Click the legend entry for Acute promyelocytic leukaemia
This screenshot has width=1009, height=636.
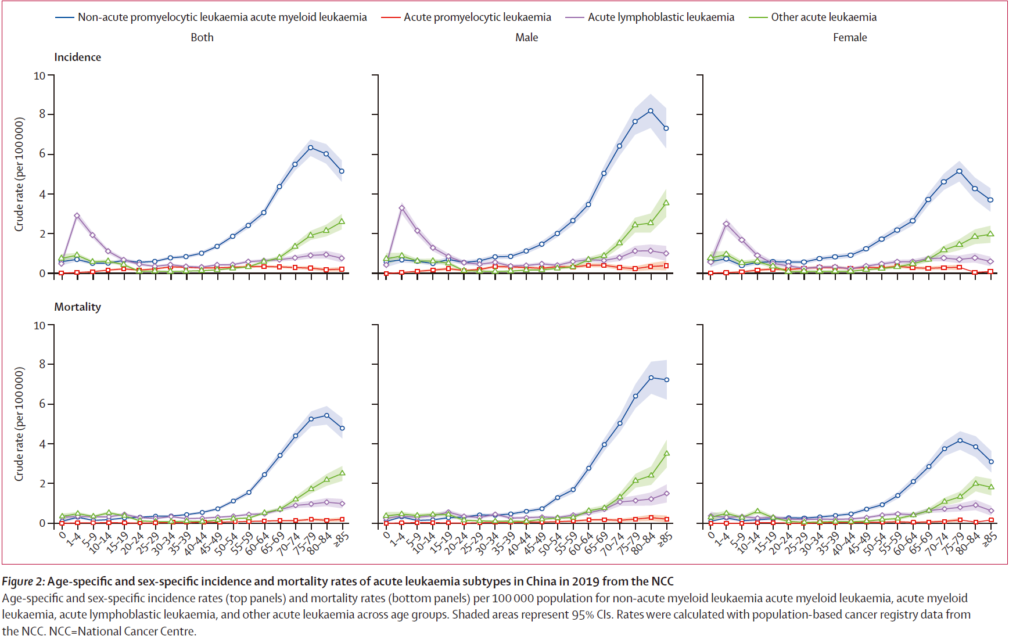(x=477, y=17)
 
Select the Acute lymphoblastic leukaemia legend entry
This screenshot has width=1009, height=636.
(x=660, y=17)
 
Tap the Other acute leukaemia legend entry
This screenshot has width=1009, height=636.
(x=823, y=17)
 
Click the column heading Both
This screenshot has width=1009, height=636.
(x=202, y=38)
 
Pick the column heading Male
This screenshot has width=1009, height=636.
(x=526, y=38)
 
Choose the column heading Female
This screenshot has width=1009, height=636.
(x=849, y=38)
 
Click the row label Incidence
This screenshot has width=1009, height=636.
(x=77, y=58)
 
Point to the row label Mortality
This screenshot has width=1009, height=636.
(x=77, y=307)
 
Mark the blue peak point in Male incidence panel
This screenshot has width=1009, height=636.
(x=651, y=111)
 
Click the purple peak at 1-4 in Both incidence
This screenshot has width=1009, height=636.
(x=77, y=215)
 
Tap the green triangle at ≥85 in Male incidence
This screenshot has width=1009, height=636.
(x=666, y=203)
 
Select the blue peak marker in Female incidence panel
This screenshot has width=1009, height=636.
(x=959, y=171)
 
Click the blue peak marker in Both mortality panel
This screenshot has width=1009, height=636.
(x=326, y=415)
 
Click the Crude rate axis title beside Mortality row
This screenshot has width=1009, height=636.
(x=19, y=424)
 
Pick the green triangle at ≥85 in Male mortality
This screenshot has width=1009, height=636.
(x=666, y=453)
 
